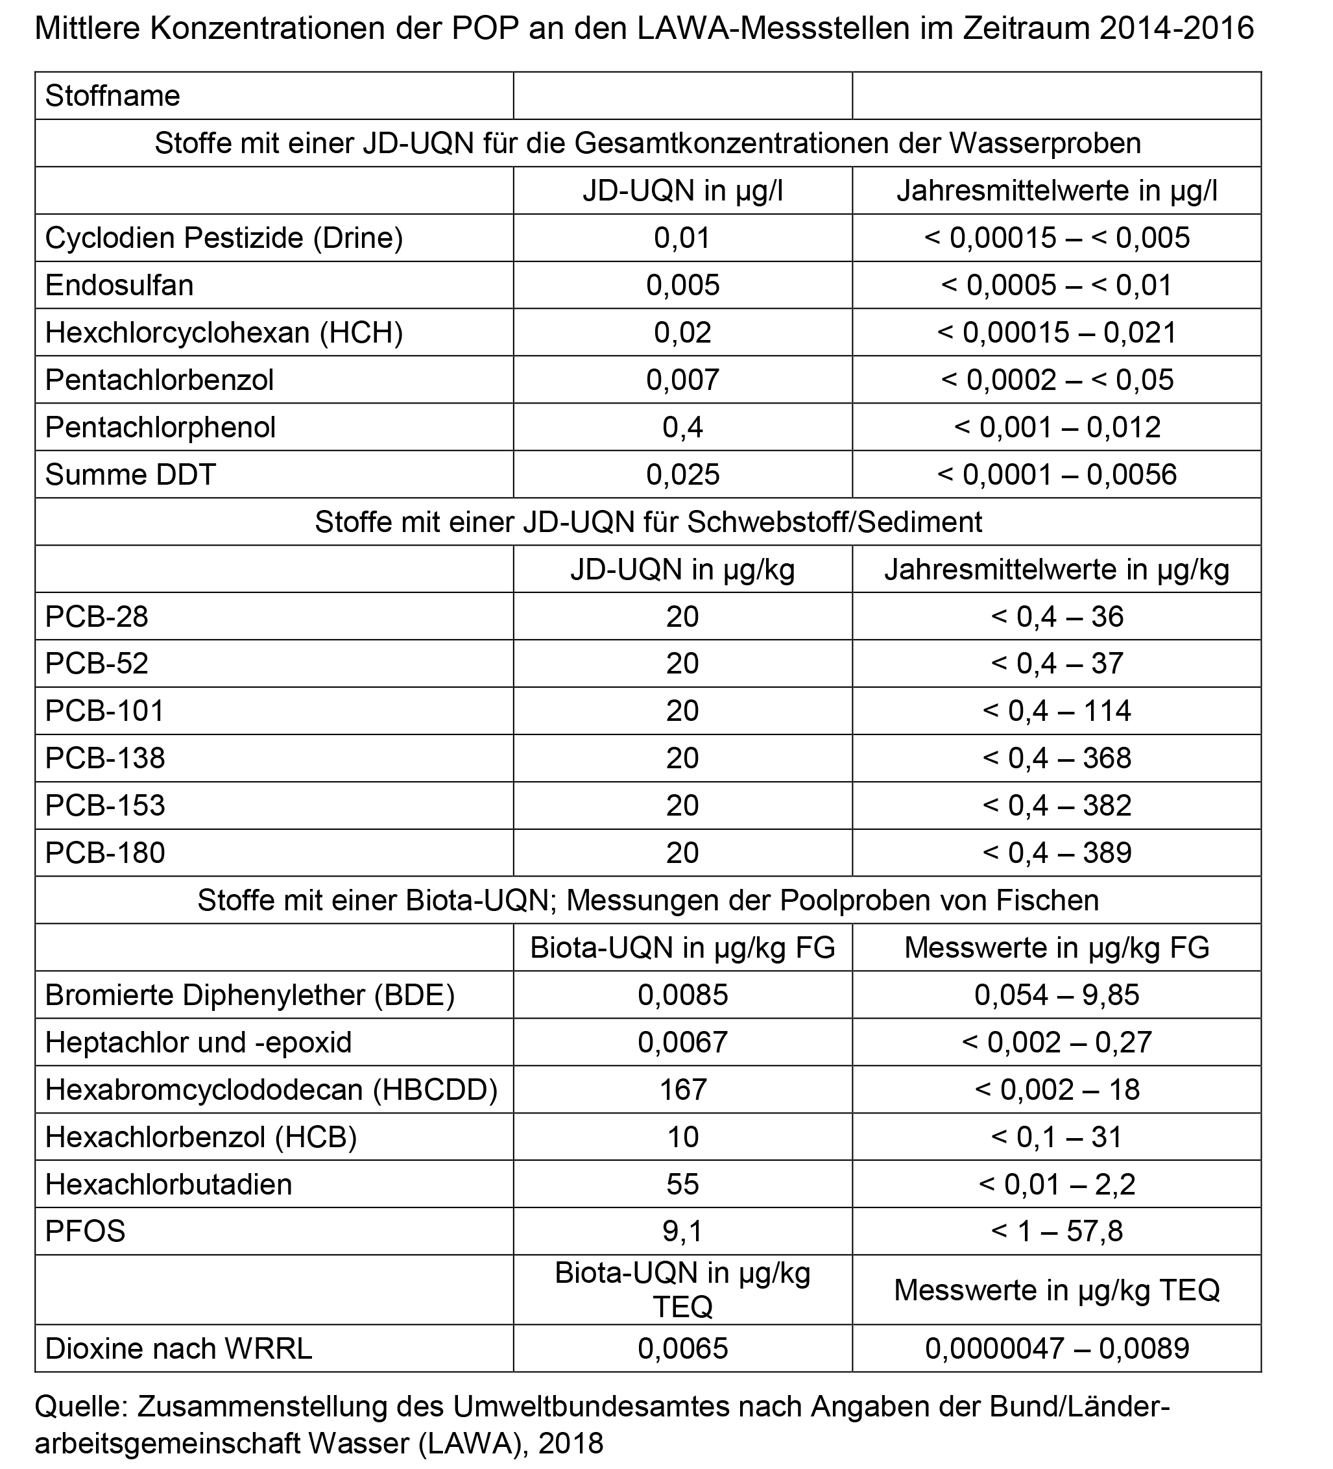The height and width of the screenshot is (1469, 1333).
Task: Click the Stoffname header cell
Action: (x=113, y=96)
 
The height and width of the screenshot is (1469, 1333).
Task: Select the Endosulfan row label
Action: (x=119, y=285)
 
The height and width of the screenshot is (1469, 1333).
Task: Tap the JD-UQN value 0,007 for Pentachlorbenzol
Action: (x=682, y=380)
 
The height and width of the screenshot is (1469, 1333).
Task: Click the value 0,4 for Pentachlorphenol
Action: (x=682, y=427)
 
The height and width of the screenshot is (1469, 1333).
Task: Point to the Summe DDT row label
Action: (x=130, y=474)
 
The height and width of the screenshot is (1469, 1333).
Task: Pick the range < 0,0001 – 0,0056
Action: (x=1056, y=474)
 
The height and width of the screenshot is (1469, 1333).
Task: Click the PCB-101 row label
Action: (x=105, y=710)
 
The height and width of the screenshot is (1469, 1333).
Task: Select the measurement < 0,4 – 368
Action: (x=1056, y=758)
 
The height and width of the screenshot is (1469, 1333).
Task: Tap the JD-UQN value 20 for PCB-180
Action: (x=682, y=853)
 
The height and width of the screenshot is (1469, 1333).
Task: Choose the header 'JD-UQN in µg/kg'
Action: (x=682, y=569)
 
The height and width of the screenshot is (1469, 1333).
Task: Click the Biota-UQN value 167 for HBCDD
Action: (x=682, y=1089)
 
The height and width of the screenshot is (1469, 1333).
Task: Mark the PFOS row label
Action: (x=85, y=1231)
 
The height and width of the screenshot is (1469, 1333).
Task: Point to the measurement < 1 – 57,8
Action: (x=1056, y=1231)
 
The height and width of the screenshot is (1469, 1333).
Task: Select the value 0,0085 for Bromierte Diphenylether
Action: (x=682, y=995)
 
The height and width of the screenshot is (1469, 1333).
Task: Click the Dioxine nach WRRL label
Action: (x=178, y=1349)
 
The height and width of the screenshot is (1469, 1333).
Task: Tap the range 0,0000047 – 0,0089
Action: (x=1056, y=1349)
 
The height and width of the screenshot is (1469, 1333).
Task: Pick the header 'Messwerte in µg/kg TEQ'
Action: (x=1056, y=1290)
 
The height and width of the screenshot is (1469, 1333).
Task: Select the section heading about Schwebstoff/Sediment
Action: (x=648, y=522)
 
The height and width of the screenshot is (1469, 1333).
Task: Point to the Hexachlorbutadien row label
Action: (x=168, y=1184)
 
